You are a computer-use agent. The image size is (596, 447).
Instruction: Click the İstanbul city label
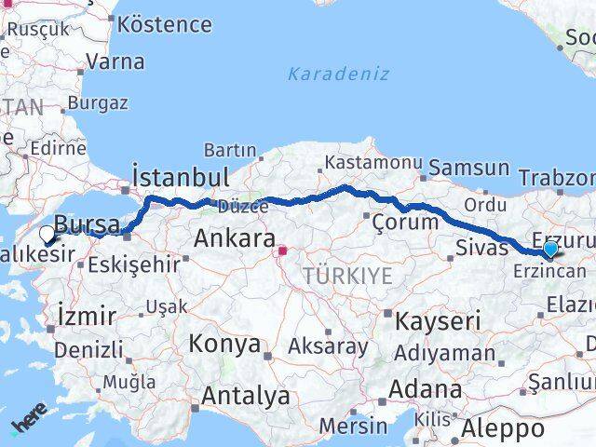point(181,177)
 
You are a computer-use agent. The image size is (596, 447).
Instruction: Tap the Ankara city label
point(234,238)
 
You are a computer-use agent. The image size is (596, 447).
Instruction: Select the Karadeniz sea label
point(338,74)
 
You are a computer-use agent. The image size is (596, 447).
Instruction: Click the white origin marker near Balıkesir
point(47,235)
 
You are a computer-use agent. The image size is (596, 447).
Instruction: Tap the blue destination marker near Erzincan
point(550,249)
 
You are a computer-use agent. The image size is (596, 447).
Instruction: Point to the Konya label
point(224,344)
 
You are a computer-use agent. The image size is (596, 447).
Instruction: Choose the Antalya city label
point(246,396)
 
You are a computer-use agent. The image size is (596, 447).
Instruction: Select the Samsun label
point(470,169)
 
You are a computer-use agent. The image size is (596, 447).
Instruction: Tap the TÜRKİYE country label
point(347,275)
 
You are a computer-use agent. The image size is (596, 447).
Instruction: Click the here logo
point(28,418)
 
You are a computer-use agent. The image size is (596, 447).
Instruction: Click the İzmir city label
point(87,315)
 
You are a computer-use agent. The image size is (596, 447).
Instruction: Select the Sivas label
point(481,248)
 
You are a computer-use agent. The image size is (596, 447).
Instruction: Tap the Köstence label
point(165,23)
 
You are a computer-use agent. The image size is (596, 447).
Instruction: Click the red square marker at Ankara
point(282,250)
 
